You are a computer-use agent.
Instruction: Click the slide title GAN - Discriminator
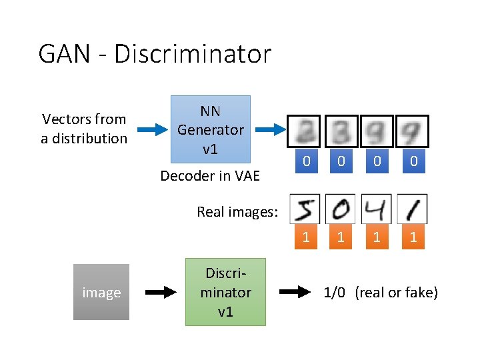pos(155,53)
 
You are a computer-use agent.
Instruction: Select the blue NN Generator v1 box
pos(210,130)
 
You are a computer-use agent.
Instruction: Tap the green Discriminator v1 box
pos(225,292)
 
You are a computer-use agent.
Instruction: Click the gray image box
pos(101,293)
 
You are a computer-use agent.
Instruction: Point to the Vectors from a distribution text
pos(84,129)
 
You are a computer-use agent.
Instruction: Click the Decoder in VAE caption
pos(210,176)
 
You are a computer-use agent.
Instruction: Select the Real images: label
pos(237,212)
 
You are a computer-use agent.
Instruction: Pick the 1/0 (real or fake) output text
pos(381,292)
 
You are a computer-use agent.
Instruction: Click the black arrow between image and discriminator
pos(158,292)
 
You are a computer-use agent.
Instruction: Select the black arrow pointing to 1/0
pos(295,292)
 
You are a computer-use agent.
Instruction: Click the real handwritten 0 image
pos(341,209)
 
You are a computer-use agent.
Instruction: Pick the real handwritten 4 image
pos(377,209)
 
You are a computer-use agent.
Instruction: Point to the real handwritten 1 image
pos(412,209)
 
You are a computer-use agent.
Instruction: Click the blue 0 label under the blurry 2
pos(306,161)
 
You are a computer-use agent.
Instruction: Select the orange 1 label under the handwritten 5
pos(306,237)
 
